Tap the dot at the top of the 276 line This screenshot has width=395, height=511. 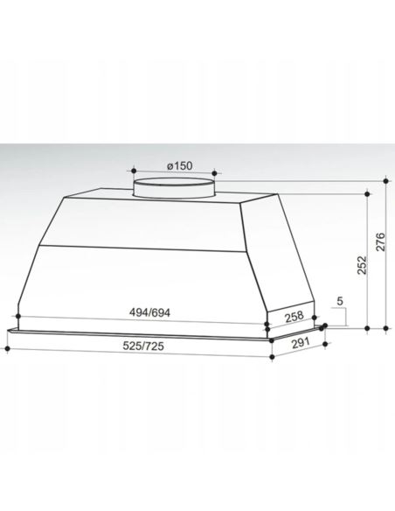[385, 183]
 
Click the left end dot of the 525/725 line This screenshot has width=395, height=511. [8, 348]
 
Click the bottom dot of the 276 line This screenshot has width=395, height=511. [385, 329]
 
